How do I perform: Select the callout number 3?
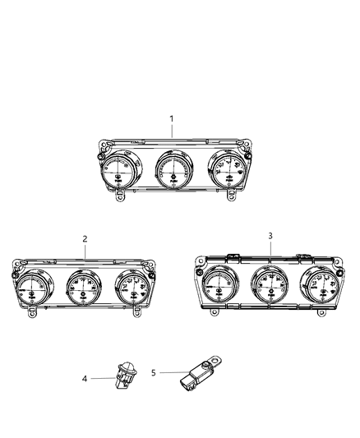270,236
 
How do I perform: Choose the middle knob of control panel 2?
85,288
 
